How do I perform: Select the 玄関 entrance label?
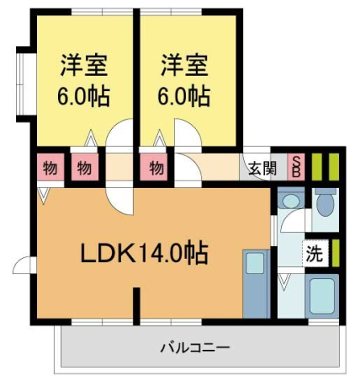[262, 169]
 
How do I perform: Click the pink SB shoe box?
[296, 167]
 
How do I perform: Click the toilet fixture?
[325, 203]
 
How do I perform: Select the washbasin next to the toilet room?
[288, 202]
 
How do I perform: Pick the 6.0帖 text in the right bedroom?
[184, 96]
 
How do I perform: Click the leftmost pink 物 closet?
[50, 169]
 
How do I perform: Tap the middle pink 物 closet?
[83, 169]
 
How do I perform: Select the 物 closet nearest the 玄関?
[156, 169]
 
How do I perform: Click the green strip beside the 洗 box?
[335, 253]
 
